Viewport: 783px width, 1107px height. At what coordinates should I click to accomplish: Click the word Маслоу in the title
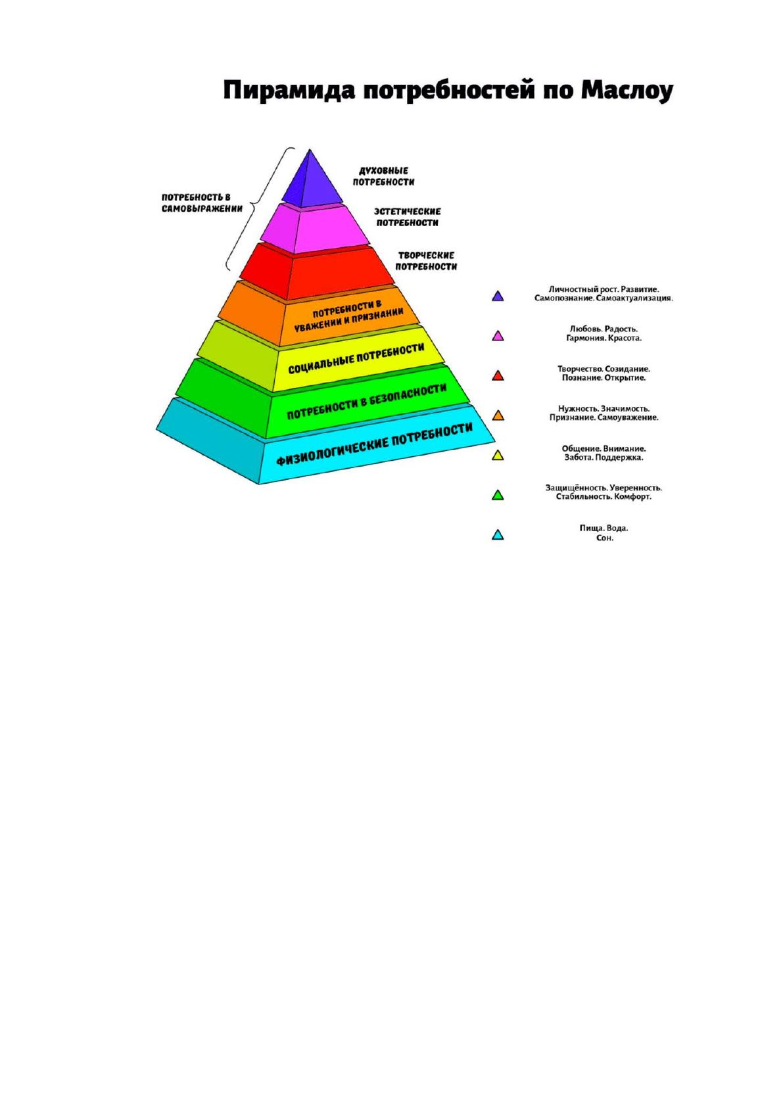(x=627, y=91)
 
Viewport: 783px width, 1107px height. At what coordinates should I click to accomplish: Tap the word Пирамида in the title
(x=289, y=91)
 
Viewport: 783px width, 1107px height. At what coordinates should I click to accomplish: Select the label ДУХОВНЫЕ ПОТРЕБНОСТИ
(x=383, y=176)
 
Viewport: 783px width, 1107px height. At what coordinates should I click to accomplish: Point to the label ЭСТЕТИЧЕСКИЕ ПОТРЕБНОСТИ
(x=408, y=217)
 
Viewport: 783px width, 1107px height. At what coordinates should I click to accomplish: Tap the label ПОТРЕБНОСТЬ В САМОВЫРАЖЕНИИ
(x=202, y=202)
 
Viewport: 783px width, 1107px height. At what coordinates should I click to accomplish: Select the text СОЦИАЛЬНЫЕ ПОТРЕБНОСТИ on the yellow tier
(x=356, y=359)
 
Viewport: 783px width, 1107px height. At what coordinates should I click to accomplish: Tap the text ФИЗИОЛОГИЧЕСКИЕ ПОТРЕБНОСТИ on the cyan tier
(x=373, y=444)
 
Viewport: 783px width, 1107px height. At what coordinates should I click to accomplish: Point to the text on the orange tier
(x=348, y=316)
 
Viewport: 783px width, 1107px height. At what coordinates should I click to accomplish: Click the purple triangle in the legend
(x=498, y=296)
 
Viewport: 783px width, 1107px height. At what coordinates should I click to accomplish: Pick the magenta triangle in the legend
(x=498, y=336)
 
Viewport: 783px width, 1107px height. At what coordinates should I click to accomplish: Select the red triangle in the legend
(x=498, y=375)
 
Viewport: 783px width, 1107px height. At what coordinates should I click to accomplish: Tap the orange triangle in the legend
(x=498, y=415)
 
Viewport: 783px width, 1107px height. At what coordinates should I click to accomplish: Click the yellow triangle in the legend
(x=498, y=455)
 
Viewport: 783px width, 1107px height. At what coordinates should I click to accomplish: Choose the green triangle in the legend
(x=498, y=495)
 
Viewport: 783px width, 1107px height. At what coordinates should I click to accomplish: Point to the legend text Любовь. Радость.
(x=604, y=329)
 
